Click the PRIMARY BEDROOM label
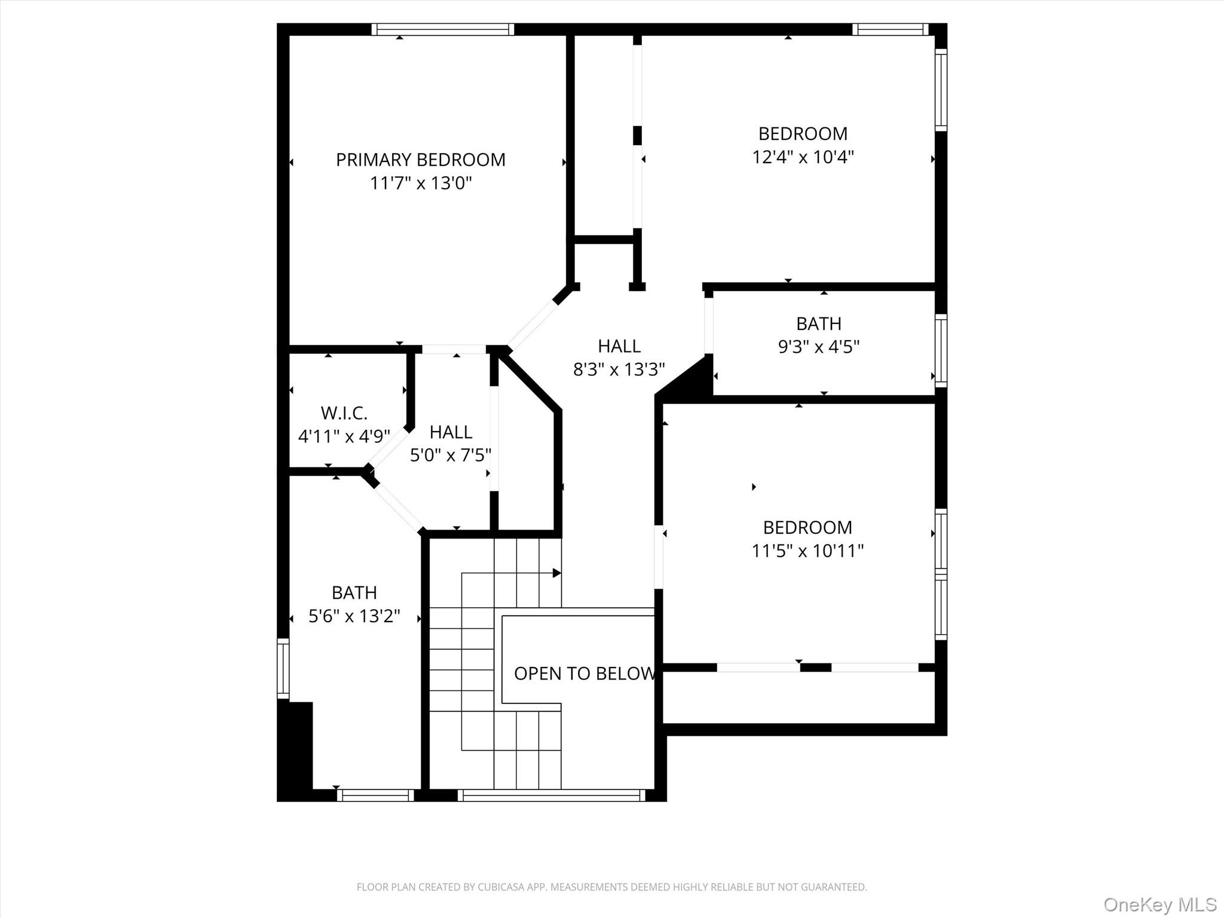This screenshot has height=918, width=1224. coord(420,160)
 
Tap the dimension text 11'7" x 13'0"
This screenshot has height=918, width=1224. coord(420,183)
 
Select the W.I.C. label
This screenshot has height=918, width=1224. coord(344,413)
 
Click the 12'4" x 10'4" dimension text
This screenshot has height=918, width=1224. coord(803,157)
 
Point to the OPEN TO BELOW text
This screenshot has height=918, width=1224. coord(585,674)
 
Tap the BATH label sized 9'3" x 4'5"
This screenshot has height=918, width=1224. coord(818,323)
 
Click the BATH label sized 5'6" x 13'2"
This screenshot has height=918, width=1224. coord(354,592)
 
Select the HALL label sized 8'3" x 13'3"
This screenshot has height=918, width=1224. coord(619,346)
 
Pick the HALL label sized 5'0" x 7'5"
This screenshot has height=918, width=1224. coord(450,432)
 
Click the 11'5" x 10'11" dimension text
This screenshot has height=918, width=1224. coord(807,550)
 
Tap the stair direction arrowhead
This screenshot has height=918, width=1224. coord(556,573)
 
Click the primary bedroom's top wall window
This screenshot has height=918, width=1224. coord(442,29)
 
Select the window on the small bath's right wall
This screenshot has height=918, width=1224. coord(941,350)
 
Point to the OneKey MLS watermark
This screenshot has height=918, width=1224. coord(1159,904)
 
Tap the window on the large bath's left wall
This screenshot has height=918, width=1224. coord(283,668)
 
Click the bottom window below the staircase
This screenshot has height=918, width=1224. coord(551,795)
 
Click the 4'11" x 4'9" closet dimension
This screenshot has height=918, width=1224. coord(344,436)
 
